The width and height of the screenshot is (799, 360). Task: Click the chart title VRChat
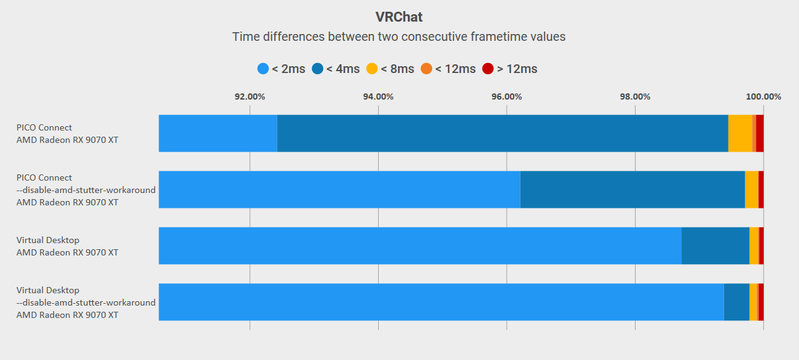(399, 17)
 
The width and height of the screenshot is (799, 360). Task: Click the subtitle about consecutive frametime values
(399, 36)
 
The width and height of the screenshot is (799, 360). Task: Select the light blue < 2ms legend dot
(263, 69)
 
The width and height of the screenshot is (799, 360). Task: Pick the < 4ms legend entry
(336, 69)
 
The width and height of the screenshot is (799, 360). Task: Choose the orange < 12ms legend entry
(448, 69)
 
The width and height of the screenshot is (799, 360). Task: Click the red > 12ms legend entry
(510, 69)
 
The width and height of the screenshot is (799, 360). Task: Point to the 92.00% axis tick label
(249, 96)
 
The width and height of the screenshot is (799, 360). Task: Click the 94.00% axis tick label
(378, 96)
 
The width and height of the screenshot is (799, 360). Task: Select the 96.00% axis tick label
(506, 96)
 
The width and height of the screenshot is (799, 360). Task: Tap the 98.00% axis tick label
(635, 96)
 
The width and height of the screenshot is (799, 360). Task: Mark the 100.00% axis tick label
(763, 96)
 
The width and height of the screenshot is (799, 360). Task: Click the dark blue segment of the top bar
(502, 133)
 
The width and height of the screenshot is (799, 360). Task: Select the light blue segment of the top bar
(218, 133)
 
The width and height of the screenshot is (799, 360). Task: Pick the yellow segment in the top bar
(740, 133)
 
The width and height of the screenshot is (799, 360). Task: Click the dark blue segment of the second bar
(632, 189)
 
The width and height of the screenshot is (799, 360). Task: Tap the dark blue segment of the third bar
(715, 246)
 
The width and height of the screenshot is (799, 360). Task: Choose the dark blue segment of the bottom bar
(736, 302)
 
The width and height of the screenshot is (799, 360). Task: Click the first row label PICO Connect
(45, 127)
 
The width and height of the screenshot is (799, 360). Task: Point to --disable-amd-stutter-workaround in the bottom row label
(86, 302)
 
